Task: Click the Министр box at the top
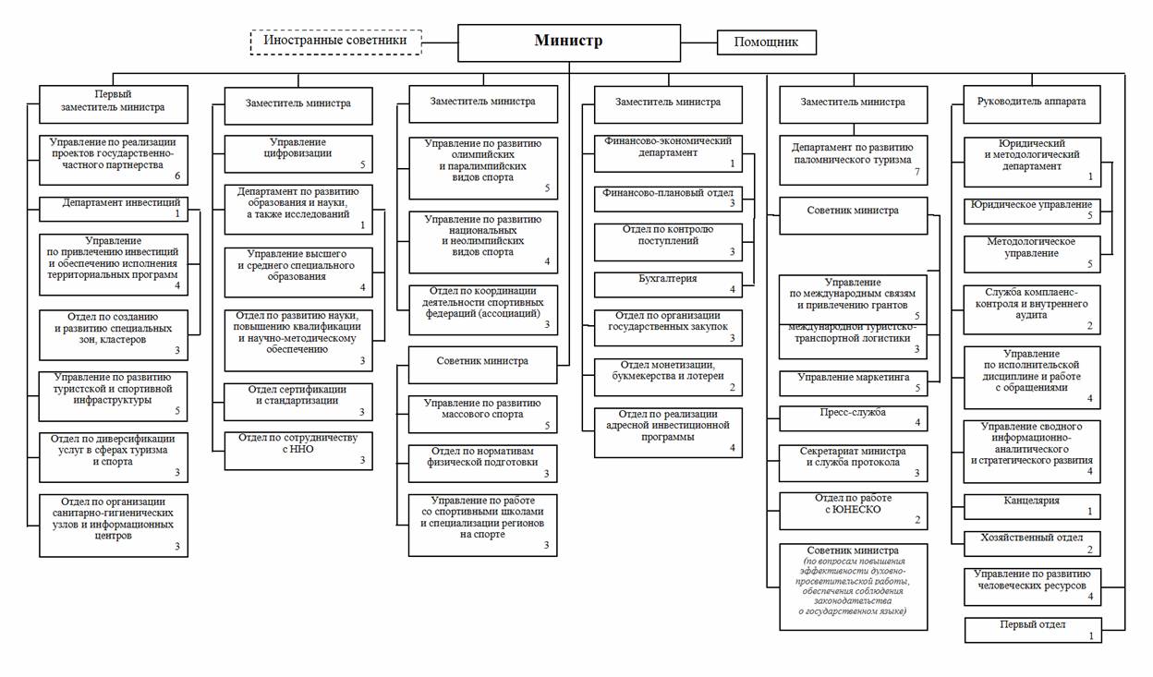[569, 42]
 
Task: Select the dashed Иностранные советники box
[335, 42]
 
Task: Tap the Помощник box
[767, 42]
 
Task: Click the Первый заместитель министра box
[114, 104]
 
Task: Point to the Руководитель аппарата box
[1032, 104]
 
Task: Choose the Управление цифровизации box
[298, 154]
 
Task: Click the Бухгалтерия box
[668, 284]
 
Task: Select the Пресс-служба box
[853, 418]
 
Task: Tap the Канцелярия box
[1032, 507]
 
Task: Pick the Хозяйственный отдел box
[1032, 544]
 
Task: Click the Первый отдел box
[1033, 630]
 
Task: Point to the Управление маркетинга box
[853, 383]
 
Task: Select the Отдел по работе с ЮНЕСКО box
[853, 511]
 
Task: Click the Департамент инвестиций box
[114, 210]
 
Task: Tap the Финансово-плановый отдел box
[668, 199]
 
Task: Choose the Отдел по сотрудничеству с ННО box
[298, 451]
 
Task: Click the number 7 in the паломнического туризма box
[916, 172]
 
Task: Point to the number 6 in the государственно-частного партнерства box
[177, 175]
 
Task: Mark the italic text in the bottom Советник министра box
[853, 586]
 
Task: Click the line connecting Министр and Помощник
[699, 42]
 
